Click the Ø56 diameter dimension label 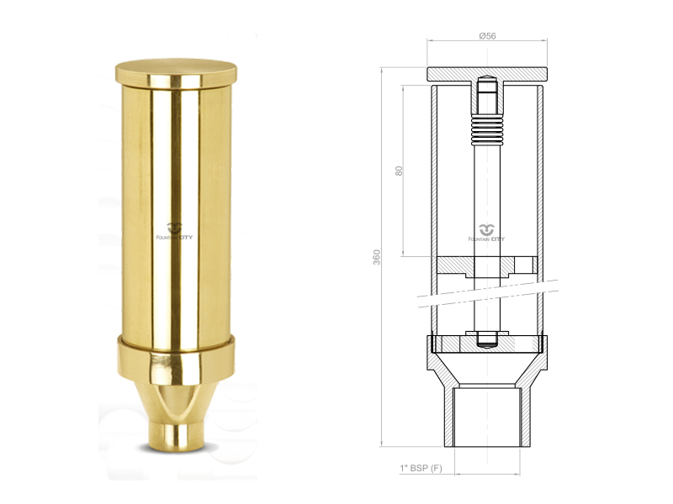[x=487, y=36]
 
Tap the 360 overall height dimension [x=376, y=257]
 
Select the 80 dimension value [x=399, y=171]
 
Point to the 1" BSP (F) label [x=421, y=468]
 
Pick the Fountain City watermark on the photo [x=174, y=232]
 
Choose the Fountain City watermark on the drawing [x=487, y=233]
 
